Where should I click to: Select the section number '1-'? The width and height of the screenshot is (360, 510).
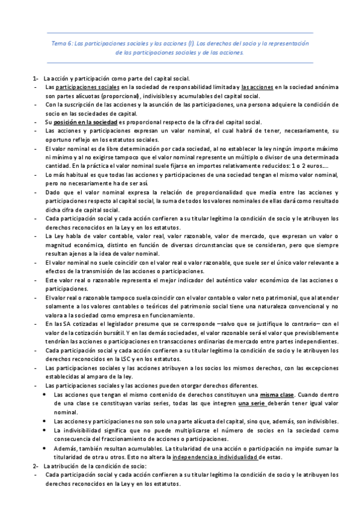(35, 79)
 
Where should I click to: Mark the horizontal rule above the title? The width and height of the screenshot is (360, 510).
(180, 32)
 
